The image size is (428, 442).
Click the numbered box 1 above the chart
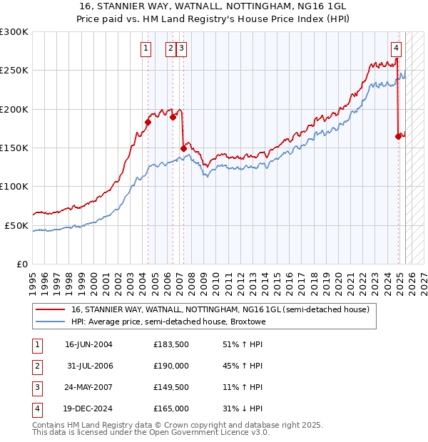point(146,48)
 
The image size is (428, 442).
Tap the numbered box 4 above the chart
point(396,48)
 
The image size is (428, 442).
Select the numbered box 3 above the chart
point(182,48)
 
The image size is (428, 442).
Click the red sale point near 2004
point(148,122)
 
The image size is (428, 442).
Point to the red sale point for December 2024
point(398,136)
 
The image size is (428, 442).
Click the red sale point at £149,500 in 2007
point(183,148)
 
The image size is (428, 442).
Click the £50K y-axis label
point(16,225)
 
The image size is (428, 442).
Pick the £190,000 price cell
point(170,366)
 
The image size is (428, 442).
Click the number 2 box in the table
point(36,366)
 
